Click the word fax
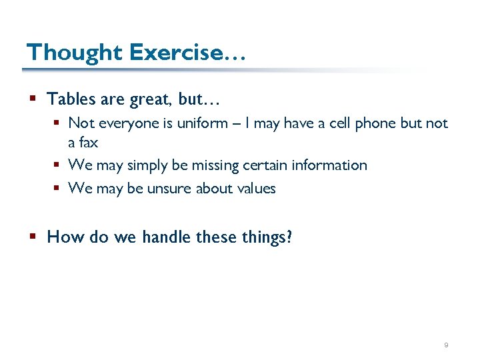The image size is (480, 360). tap(89, 142)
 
